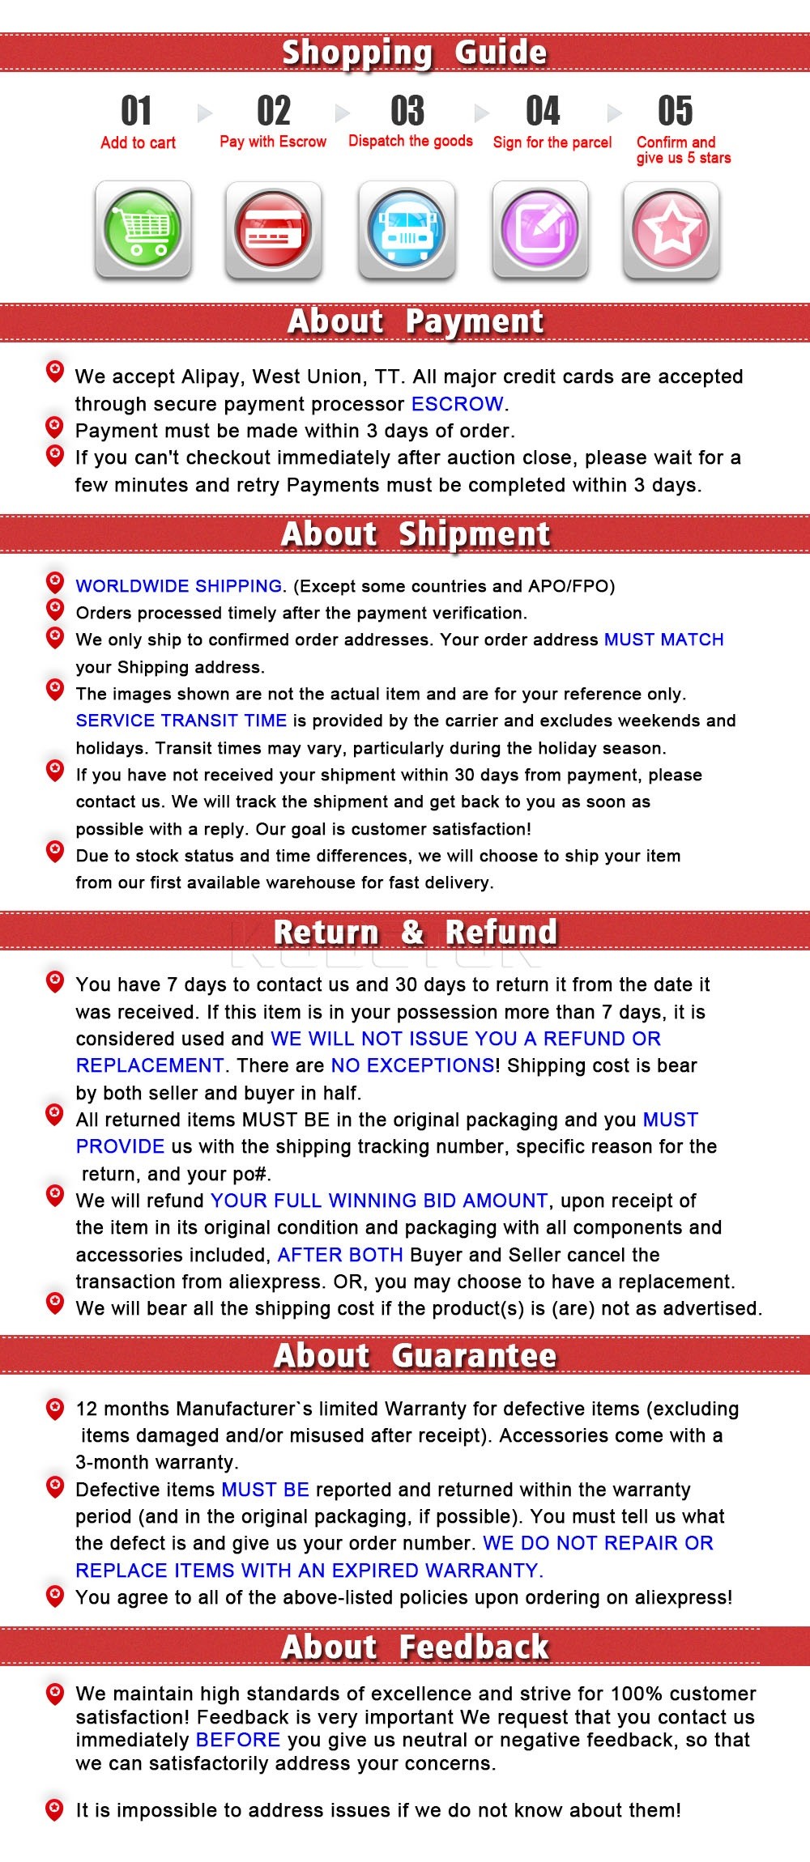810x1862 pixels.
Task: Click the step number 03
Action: click(407, 111)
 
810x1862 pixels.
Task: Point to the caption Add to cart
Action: click(138, 142)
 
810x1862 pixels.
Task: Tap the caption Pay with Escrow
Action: click(273, 142)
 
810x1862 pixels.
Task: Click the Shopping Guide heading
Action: click(414, 53)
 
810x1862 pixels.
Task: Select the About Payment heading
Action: click(416, 321)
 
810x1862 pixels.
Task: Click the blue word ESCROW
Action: click(457, 404)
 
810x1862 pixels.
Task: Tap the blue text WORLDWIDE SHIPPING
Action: click(179, 586)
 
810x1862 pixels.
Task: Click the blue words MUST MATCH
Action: click(663, 640)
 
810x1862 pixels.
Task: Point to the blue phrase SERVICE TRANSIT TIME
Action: click(181, 721)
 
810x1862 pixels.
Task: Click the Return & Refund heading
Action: click(416, 932)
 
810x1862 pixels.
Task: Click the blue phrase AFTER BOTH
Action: click(340, 1255)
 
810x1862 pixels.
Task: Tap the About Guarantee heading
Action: click(416, 1355)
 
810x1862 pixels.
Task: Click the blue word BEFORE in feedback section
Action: click(238, 1740)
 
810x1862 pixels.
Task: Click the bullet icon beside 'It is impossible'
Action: click(55, 1809)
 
